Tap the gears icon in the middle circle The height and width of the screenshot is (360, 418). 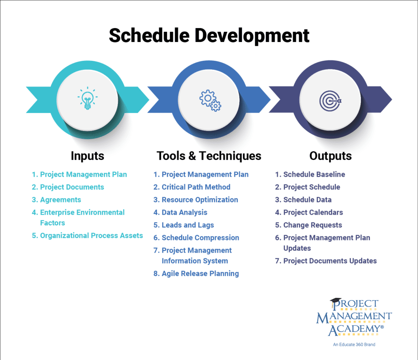pyautogui.click(x=210, y=100)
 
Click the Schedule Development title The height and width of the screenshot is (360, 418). pyautogui.click(x=209, y=36)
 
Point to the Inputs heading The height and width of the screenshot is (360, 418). pyautogui.click(x=87, y=156)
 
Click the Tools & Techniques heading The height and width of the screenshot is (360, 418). pyautogui.click(x=209, y=156)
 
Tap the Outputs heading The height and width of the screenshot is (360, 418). pyautogui.click(x=331, y=156)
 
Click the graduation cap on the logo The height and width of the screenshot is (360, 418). pyautogui.click(x=336, y=301)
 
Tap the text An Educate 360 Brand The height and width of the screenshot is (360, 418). pyautogui.click(x=354, y=344)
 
